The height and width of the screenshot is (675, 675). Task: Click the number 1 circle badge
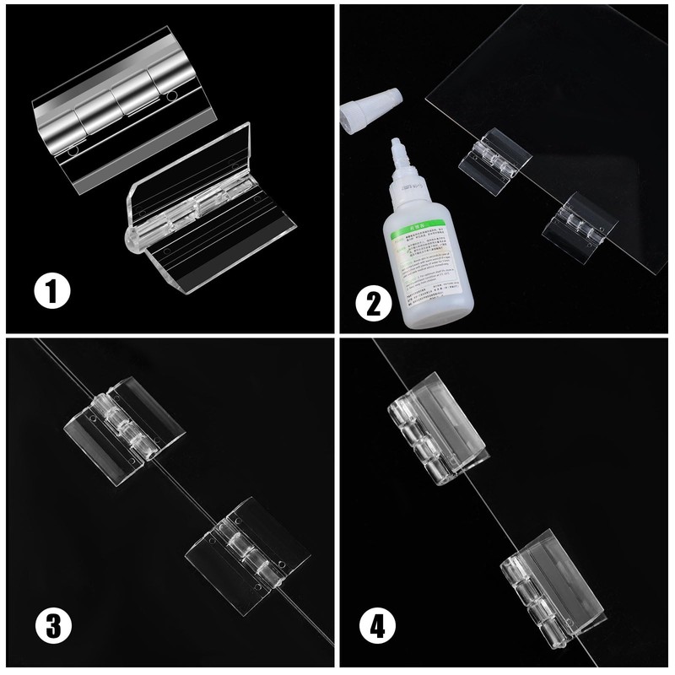coord(53,294)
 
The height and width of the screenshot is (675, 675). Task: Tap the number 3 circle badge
coord(52,626)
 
